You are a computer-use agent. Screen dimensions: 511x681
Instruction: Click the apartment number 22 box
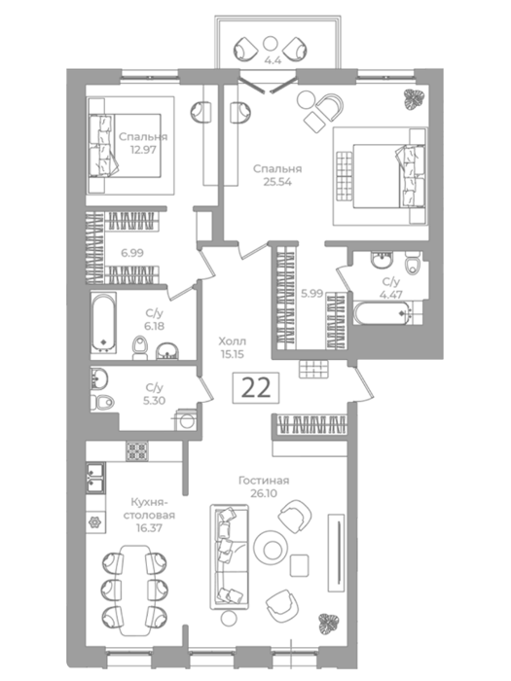tap(255, 388)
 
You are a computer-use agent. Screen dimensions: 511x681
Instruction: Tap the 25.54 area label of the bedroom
tap(277, 182)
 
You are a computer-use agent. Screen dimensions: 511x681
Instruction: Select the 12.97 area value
tap(143, 150)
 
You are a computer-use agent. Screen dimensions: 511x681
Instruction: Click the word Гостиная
tap(264, 481)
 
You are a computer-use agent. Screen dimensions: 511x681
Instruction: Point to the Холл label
tap(232, 340)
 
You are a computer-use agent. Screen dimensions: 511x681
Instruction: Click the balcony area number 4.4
tap(273, 60)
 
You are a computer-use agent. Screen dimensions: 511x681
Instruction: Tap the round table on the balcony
tap(271, 44)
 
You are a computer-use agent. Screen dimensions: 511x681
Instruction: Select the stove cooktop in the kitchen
tap(137, 451)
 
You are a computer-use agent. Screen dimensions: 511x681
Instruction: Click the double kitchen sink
tap(95, 478)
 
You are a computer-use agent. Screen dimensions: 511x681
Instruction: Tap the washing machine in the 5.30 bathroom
tap(187, 420)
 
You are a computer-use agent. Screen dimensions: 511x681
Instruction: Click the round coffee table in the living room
tap(271, 548)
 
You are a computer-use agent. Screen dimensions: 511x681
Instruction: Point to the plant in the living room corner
tap(328, 623)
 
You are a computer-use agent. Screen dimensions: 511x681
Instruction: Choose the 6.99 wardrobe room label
tap(132, 253)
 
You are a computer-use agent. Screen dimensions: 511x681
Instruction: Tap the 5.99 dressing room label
tap(312, 294)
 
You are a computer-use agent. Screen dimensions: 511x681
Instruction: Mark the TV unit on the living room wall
tap(337, 553)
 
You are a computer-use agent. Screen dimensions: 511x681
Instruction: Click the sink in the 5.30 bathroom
tap(98, 378)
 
